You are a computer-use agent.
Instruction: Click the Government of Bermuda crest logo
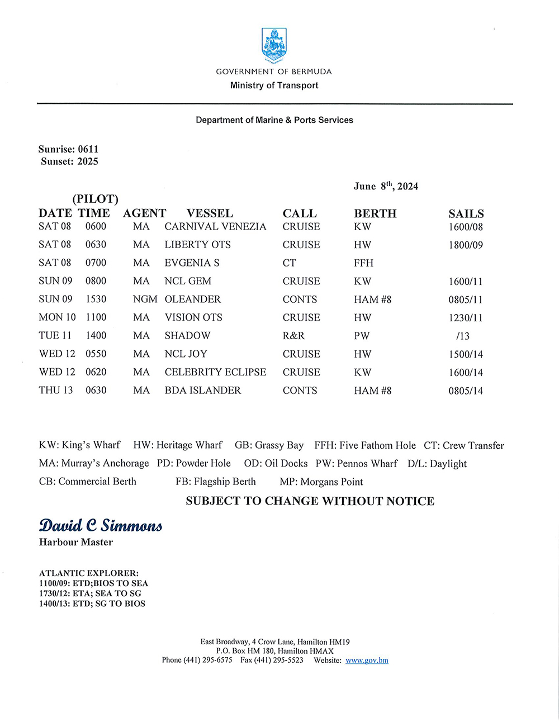pos(274,45)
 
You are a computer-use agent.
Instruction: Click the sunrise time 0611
pos(88,149)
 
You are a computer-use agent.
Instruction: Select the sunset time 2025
pos(88,161)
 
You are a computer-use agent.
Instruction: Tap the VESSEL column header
pos(210,213)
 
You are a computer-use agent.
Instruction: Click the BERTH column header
pos(375,213)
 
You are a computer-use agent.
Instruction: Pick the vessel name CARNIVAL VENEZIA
pos(215,226)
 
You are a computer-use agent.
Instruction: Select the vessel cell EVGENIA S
pos(192,263)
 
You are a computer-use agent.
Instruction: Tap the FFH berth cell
pos(363,263)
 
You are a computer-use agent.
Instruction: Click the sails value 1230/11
pos(465,318)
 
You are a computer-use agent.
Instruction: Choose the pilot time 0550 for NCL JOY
pos(96,354)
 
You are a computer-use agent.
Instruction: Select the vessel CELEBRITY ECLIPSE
pos(215,372)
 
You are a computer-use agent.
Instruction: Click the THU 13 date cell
pos(56,390)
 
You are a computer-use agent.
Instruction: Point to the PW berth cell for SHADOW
pos(362,336)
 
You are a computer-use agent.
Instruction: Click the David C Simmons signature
pos(101,526)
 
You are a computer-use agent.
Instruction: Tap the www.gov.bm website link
pos(367,660)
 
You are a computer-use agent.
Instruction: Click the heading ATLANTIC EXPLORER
pos(89,573)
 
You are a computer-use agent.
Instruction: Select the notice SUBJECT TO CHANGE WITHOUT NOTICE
pos(310,501)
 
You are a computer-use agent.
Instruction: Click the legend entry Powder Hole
pos(194,463)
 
